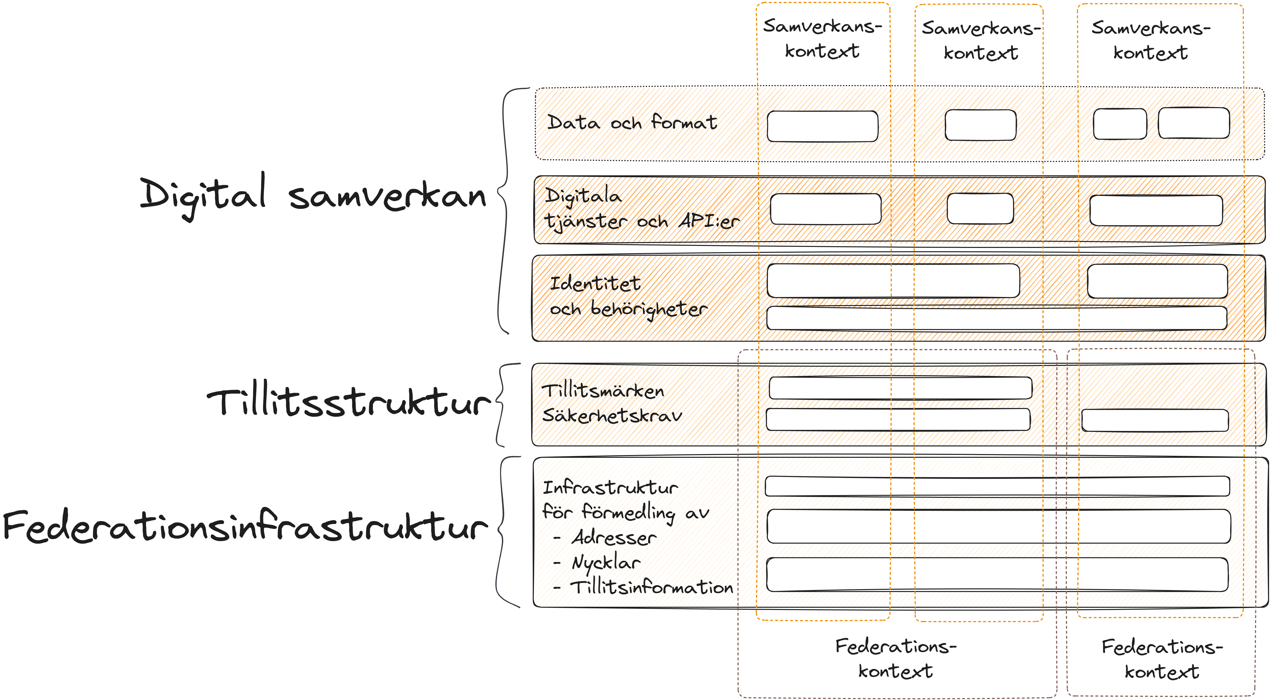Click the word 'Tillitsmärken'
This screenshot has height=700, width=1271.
[x=603, y=391]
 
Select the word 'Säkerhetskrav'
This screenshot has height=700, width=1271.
[x=612, y=416]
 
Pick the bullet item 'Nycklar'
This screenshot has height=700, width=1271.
[x=606, y=563]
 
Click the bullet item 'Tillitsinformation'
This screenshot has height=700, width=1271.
[x=651, y=587]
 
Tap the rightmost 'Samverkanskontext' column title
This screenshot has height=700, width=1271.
[x=1151, y=40]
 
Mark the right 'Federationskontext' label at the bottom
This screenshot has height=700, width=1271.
[x=1162, y=659]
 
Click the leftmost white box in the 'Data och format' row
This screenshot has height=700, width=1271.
[x=822, y=126]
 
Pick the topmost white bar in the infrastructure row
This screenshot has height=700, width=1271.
[x=997, y=486]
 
